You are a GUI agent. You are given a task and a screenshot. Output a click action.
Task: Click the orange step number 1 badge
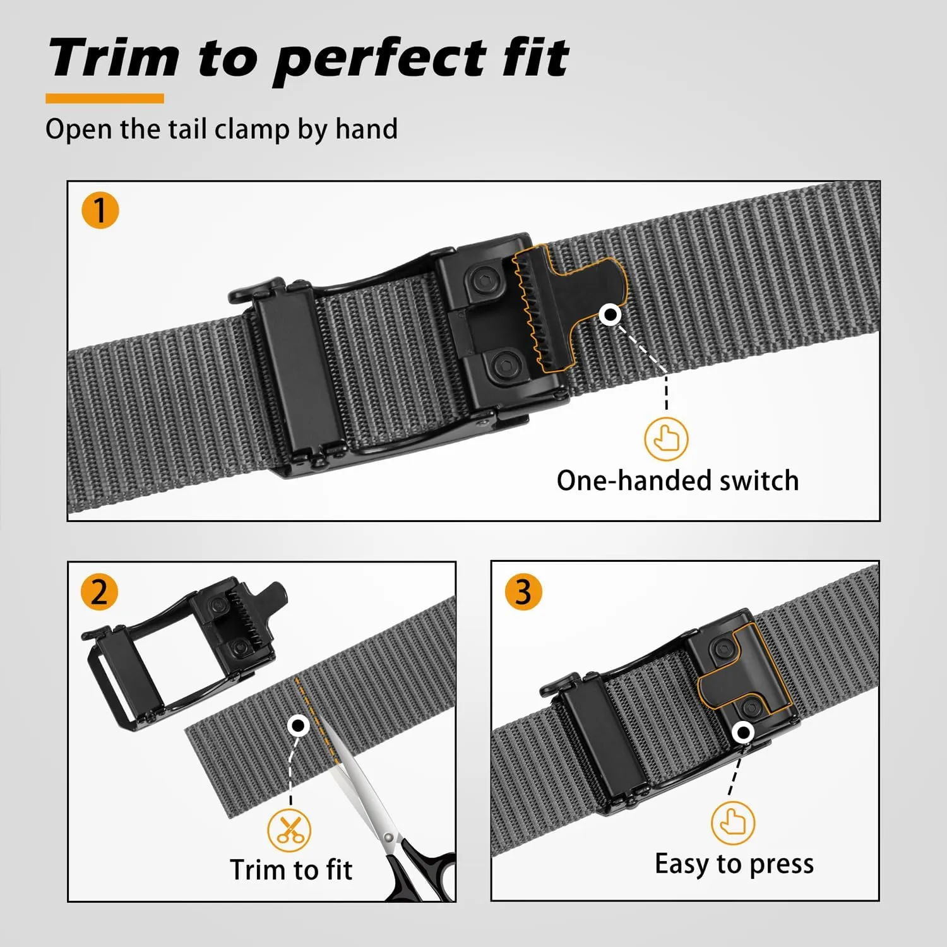[100, 210]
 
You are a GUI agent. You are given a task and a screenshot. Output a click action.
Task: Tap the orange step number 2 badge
[99, 592]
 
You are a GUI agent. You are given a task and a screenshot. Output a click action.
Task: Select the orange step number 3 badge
[523, 592]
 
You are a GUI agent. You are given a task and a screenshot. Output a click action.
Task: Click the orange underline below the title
[105, 98]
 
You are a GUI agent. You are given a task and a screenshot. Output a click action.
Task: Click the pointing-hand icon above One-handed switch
[666, 439]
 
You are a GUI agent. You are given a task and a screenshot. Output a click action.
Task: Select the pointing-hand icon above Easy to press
[733, 823]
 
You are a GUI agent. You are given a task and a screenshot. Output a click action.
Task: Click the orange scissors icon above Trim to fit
[289, 830]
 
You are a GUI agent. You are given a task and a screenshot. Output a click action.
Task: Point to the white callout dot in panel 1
[610, 314]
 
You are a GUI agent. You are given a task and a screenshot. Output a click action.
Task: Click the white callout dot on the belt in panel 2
[298, 725]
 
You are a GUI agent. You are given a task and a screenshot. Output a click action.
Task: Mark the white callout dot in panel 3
[744, 733]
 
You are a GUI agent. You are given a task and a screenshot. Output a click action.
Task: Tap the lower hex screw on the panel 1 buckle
[504, 364]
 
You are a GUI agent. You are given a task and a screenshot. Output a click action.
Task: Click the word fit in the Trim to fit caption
[338, 870]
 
